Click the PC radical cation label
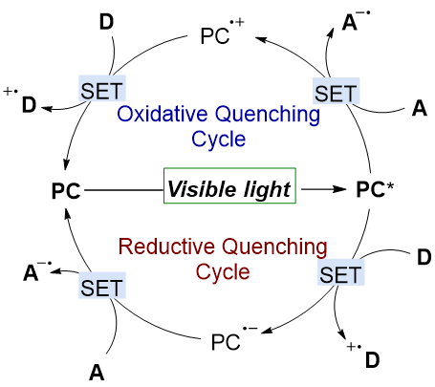[222, 32]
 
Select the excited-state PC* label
[375, 190]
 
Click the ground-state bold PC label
[66, 191]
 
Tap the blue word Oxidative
[163, 114]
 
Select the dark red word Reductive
[166, 247]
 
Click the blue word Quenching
[268, 115]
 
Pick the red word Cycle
[223, 271]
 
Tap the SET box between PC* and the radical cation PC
[336, 91]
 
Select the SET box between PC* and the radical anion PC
[340, 272]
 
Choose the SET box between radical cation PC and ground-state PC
[102, 89]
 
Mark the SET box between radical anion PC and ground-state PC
[102, 286]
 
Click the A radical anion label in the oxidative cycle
[357, 21]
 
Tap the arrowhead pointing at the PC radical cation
[261, 40]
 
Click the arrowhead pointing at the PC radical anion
[267, 331]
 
